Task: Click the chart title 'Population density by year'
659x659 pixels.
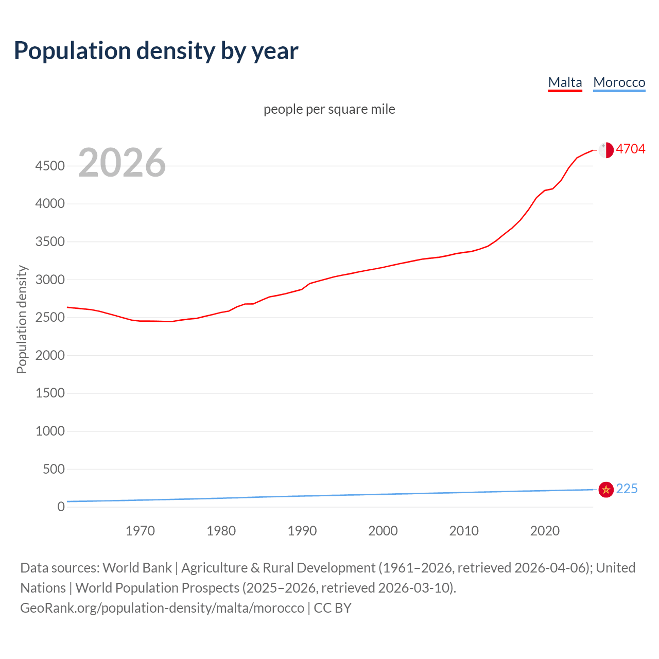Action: (x=156, y=51)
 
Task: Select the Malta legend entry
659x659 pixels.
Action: (x=565, y=82)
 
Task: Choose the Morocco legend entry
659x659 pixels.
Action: (x=619, y=82)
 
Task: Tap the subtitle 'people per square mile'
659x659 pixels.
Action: (x=329, y=109)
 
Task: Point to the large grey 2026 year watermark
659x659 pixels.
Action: (x=122, y=163)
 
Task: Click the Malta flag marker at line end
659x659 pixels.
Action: (x=606, y=150)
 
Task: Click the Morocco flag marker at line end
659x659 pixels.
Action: (x=606, y=489)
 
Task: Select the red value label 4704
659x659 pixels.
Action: (x=630, y=149)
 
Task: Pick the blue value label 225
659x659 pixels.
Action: (x=627, y=489)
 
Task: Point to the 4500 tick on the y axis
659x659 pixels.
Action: (x=50, y=166)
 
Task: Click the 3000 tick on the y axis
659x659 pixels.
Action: (x=50, y=280)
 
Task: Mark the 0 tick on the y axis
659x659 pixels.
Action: (x=61, y=507)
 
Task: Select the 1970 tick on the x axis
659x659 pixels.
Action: (x=140, y=531)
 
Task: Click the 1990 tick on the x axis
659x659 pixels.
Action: (x=302, y=531)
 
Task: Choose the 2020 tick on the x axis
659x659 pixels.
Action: (x=545, y=531)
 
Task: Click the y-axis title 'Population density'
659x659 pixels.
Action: (x=22, y=319)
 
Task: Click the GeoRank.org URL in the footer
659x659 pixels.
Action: (x=162, y=608)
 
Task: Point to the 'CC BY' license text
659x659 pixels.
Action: (x=333, y=608)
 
